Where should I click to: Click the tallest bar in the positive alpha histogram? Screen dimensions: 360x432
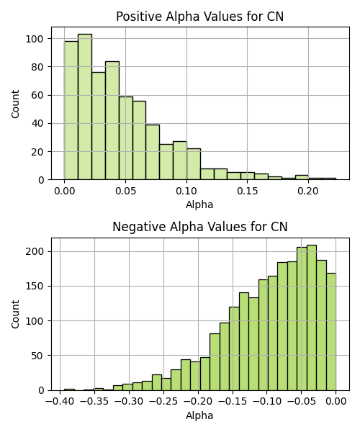click(85, 107)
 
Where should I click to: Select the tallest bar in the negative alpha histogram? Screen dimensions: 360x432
click(312, 318)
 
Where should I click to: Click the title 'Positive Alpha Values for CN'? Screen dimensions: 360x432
click(199, 17)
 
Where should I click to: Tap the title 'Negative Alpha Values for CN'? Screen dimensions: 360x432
click(200, 227)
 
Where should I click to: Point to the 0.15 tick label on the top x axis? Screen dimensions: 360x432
click(248, 191)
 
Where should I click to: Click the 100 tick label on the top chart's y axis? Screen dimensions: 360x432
click(35, 39)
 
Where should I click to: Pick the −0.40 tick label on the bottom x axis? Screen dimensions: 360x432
click(60, 402)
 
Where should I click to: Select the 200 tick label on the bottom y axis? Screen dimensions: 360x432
click(35, 252)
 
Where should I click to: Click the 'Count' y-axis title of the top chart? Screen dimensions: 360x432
click(15, 104)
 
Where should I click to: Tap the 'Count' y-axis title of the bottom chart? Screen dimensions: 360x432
click(15, 315)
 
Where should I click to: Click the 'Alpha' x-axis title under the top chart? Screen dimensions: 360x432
click(199, 204)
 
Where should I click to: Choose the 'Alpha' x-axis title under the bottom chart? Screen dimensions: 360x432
click(199, 415)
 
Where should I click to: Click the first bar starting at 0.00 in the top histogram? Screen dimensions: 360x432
click(71, 110)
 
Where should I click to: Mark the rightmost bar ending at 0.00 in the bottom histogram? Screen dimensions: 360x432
click(331, 332)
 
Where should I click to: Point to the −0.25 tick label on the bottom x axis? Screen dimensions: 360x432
click(163, 402)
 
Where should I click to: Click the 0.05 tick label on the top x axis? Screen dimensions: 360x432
click(125, 191)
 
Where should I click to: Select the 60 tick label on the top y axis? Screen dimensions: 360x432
click(37, 95)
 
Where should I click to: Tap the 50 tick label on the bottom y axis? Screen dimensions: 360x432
click(37, 356)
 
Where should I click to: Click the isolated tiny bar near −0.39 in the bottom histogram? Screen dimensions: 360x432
click(69, 390)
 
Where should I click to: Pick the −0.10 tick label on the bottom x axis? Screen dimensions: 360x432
click(266, 402)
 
